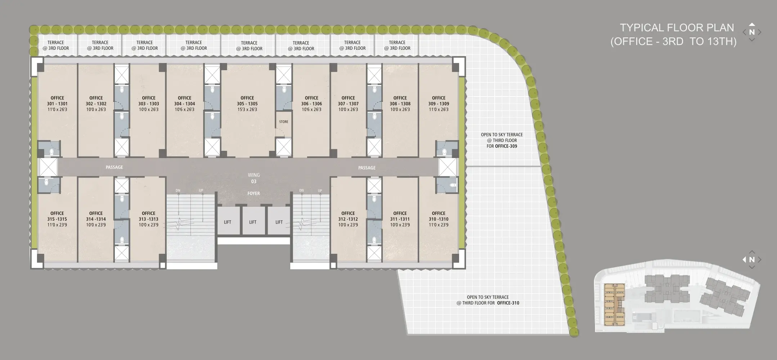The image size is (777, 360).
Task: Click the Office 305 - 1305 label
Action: click(x=247, y=104)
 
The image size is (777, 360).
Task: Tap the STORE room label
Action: click(x=284, y=122)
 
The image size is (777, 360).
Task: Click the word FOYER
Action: click(x=253, y=193)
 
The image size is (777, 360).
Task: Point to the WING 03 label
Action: click(x=254, y=178)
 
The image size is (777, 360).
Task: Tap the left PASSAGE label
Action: click(x=114, y=167)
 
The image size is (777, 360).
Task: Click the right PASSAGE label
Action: click(x=367, y=168)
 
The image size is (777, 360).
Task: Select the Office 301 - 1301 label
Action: click(x=57, y=104)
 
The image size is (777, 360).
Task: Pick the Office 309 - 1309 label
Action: click(x=439, y=104)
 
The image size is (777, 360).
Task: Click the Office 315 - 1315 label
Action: click(x=57, y=219)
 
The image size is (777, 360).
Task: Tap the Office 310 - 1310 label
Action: click(x=439, y=219)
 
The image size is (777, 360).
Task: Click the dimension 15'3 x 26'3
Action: click(x=247, y=109)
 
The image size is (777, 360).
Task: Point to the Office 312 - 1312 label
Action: click(x=348, y=219)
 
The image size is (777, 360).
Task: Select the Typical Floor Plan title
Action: click(x=673, y=35)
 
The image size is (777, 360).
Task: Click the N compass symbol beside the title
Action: click(x=752, y=32)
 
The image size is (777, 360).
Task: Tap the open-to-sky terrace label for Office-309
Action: click(x=502, y=140)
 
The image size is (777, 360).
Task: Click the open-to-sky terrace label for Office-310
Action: click(x=488, y=300)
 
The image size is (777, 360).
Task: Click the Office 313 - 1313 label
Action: click(x=148, y=219)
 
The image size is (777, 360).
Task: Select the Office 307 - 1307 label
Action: click(x=348, y=104)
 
